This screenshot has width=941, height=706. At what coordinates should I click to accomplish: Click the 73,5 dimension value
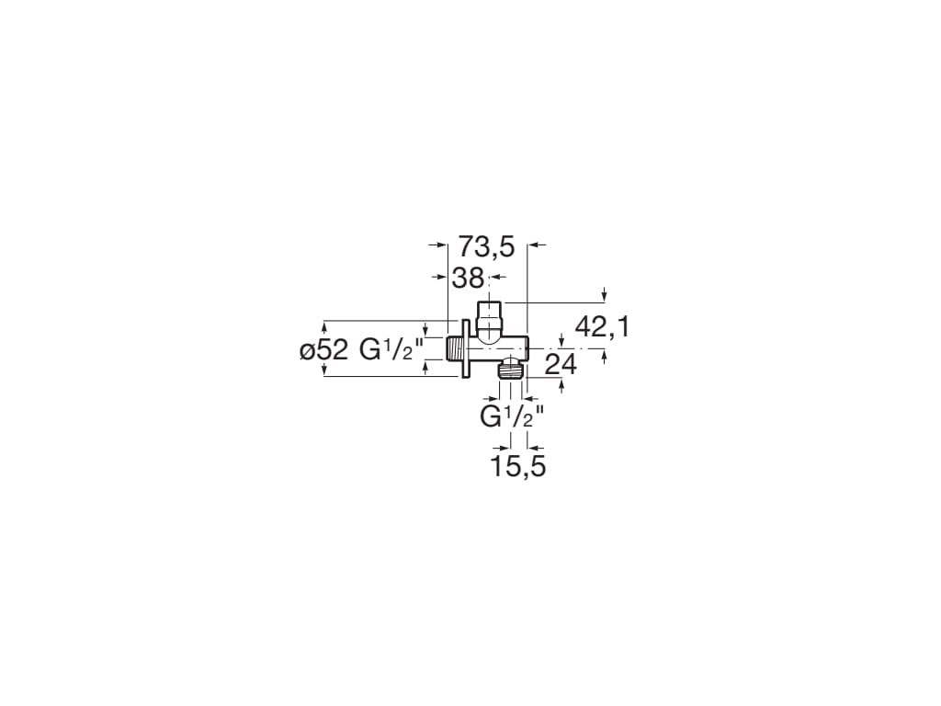pos(486,246)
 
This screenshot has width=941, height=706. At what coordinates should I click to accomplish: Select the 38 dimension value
pos(468,277)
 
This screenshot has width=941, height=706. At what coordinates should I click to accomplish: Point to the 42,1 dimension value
pos(602,326)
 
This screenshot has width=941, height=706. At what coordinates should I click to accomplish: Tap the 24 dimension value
pos(560,364)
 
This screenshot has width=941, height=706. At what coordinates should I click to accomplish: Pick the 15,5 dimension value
pos(517,466)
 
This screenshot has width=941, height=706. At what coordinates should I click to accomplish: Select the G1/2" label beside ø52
pos(391,349)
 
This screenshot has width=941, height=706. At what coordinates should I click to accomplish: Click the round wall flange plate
pos(465,347)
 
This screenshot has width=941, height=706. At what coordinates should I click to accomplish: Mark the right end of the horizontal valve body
pos(527,348)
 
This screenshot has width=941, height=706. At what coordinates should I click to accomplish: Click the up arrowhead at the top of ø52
pos(323,325)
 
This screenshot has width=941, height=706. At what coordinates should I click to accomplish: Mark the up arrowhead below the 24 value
pos(562,384)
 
